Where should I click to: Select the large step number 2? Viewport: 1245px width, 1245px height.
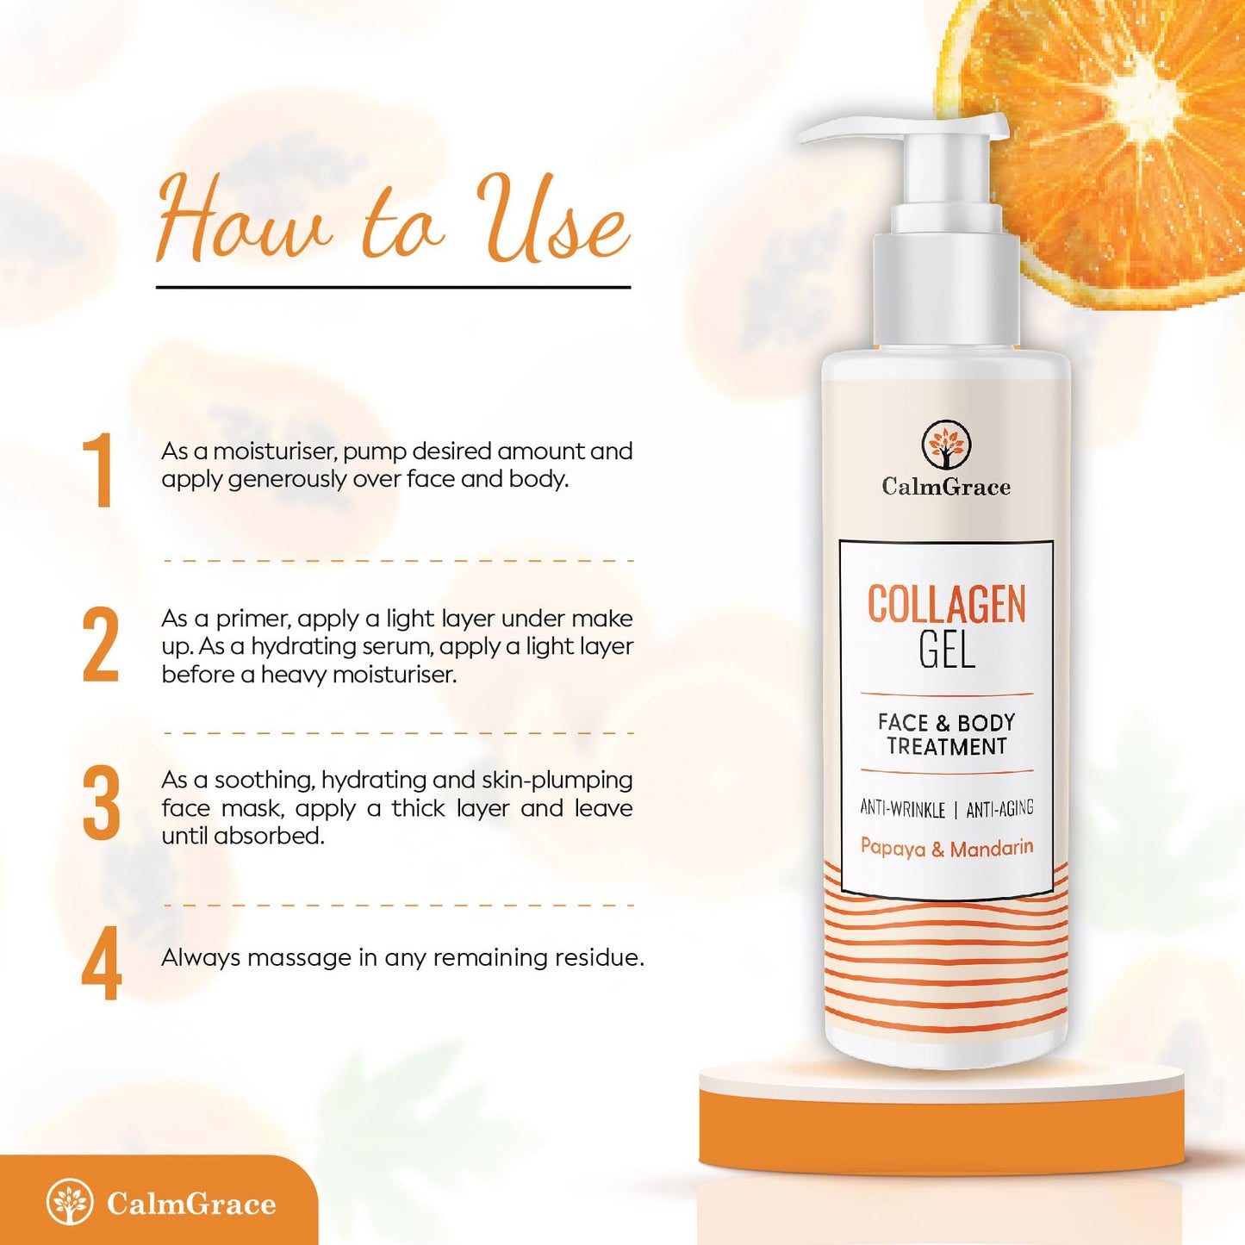[102, 645]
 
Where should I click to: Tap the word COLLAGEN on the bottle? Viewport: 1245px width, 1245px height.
[946, 604]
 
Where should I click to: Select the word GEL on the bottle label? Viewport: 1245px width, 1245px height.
[947, 651]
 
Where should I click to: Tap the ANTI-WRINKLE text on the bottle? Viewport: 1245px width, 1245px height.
[903, 809]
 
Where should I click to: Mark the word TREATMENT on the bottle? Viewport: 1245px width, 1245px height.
[947, 747]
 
